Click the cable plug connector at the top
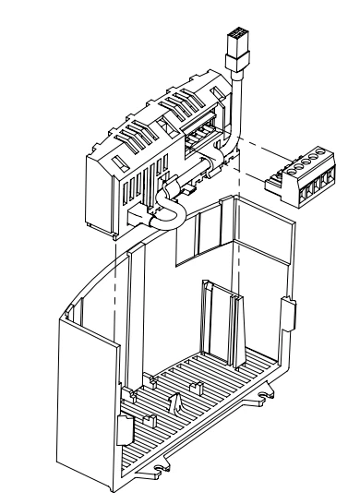pyautogui.click(x=236, y=45)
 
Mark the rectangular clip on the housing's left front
pyautogui.click(x=123, y=428)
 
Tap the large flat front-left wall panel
pyautogui.click(x=87, y=397)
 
